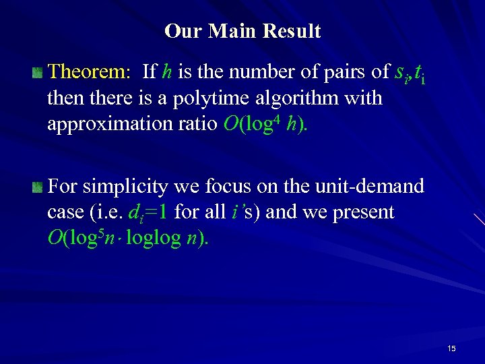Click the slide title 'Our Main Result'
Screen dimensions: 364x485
click(x=243, y=31)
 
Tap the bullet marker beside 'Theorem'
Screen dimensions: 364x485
click(x=39, y=72)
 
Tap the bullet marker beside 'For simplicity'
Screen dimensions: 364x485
click(x=39, y=185)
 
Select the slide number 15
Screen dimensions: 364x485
click(x=451, y=348)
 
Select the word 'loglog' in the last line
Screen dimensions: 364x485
click(x=152, y=239)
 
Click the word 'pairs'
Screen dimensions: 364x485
click(x=349, y=71)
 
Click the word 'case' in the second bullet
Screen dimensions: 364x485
click(x=63, y=212)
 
